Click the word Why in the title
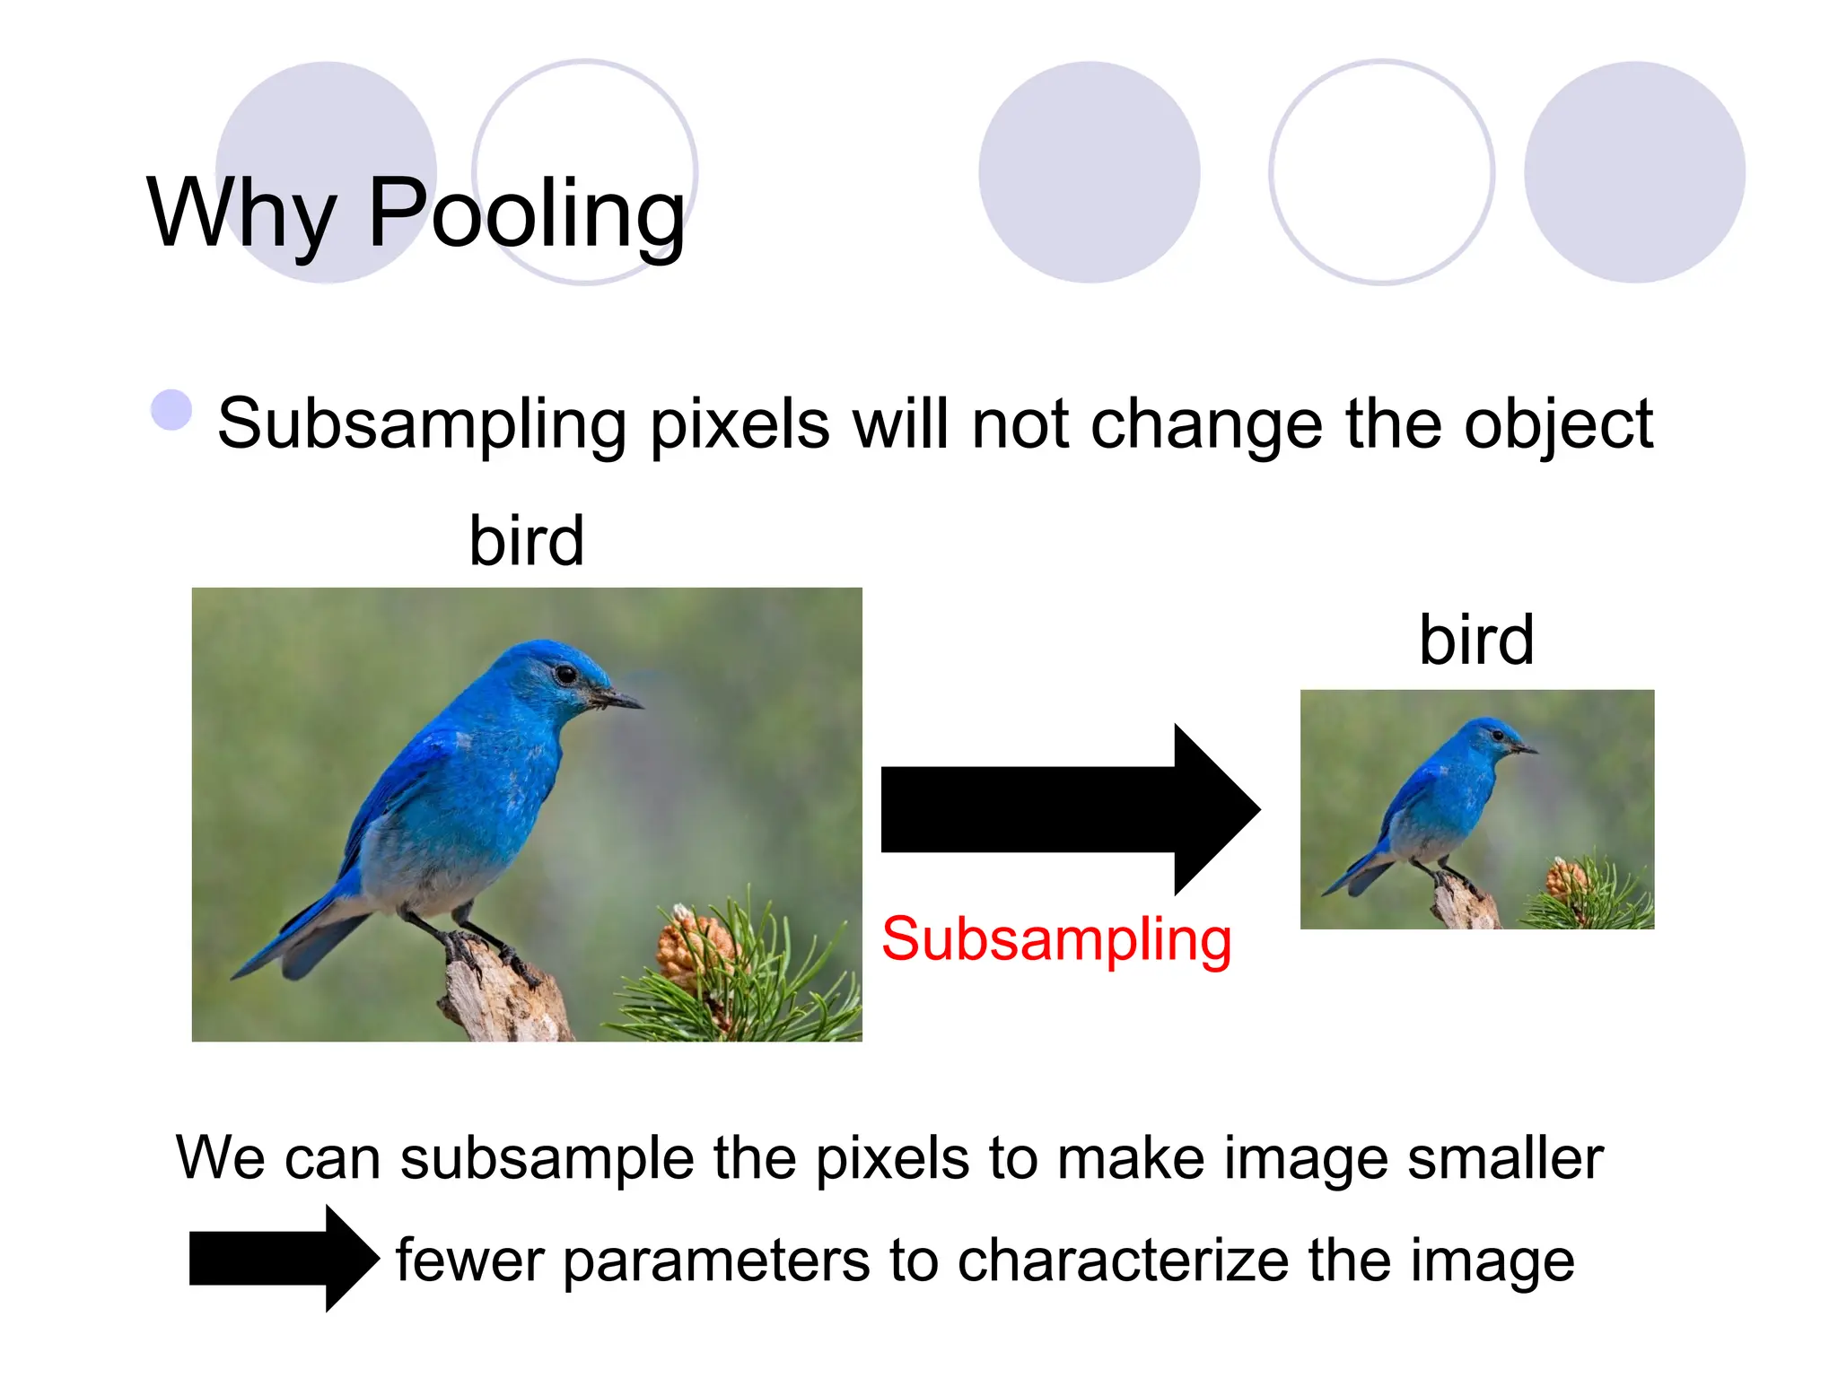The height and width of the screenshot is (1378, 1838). click(241, 214)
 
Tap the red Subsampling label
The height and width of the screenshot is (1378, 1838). click(1056, 939)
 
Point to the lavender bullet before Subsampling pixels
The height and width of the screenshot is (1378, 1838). click(171, 410)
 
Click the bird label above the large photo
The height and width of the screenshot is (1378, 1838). click(527, 541)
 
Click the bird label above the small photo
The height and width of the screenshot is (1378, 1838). click(1476, 640)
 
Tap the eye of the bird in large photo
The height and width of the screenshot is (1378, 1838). click(565, 674)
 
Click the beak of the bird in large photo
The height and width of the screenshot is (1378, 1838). click(619, 698)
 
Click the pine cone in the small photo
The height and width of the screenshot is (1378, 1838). click(1566, 877)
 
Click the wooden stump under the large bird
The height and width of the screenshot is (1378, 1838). click(503, 996)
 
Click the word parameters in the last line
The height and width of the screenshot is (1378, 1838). click(716, 1260)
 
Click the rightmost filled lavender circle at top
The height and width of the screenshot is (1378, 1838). click(1634, 172)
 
